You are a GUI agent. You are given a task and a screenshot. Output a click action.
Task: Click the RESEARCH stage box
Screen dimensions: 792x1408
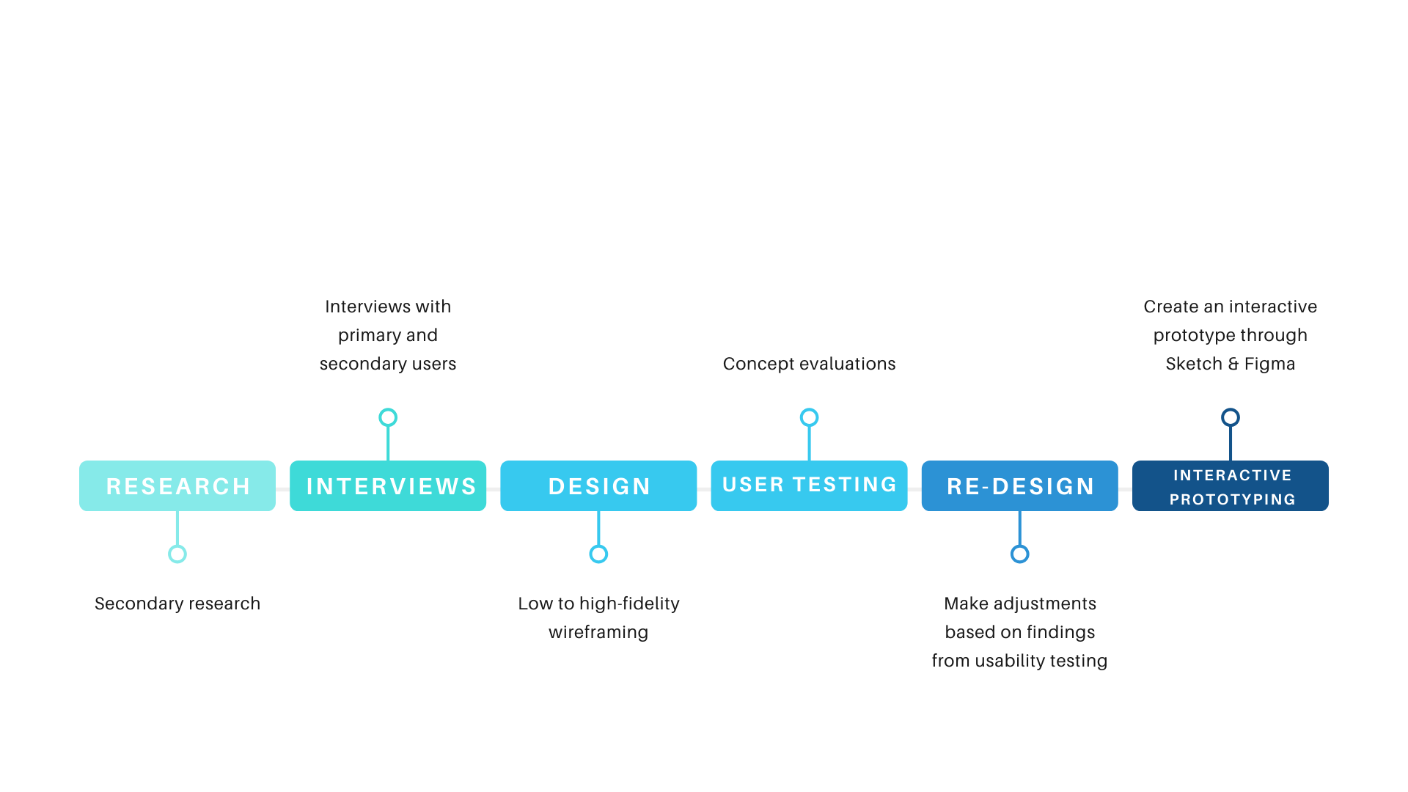[177, 485]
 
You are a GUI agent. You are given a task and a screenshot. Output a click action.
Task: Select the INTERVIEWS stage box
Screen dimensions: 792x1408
[388, 485]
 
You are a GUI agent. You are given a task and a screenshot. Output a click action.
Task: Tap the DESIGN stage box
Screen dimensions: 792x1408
[598, 485]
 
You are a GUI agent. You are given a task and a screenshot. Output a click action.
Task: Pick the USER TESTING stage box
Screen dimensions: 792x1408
[809, 485]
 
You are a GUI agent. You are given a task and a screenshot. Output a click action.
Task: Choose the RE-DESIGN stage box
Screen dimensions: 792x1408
[1019, 485]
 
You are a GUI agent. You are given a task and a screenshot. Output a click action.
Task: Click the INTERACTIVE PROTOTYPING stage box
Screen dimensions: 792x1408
[1231, 485]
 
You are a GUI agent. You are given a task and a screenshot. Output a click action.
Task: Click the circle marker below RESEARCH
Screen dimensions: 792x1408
[177, 554]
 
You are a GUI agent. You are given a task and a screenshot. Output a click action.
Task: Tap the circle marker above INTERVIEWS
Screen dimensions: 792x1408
[388, 417]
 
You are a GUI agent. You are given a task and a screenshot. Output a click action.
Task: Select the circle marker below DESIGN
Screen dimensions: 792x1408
[598, 554]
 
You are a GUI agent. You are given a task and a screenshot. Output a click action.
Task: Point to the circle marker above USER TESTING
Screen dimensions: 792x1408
[809, 417]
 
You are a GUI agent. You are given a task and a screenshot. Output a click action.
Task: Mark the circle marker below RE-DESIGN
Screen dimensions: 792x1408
[1019, 554]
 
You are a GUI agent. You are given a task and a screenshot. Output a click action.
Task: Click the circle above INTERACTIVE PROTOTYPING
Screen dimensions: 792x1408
[1231, 417]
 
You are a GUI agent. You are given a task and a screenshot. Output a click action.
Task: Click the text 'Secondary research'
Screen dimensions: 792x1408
[177, 604]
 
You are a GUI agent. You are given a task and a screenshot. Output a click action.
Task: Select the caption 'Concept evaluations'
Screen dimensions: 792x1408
[809, 364]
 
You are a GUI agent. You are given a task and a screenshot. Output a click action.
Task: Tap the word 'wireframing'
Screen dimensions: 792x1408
[598, 632]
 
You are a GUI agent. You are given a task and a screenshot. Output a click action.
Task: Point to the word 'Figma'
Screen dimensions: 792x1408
[1269, 364]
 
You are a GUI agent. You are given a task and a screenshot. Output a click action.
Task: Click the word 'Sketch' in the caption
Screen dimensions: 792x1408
[1194, 364]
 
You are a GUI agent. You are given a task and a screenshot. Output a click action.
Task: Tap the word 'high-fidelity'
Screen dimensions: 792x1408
[629, 604]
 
